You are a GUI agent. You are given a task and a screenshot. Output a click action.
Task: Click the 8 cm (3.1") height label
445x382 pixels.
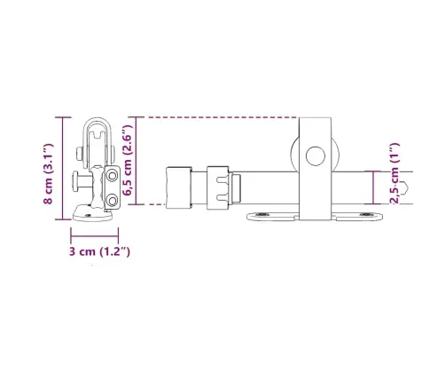coord(48,174)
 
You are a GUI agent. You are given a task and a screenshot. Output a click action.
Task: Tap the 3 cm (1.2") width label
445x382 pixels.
coord(99,251)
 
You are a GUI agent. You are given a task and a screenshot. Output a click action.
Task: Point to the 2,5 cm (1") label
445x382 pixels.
coord(394,173)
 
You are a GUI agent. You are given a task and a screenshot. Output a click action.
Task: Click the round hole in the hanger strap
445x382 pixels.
coord(316,155)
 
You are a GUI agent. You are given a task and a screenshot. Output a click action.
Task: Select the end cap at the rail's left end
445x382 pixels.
coord(179,187)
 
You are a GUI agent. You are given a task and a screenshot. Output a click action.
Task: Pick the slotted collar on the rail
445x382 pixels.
coord(218,187)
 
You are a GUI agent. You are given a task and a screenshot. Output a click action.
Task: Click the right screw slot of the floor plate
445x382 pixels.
coord(366,214)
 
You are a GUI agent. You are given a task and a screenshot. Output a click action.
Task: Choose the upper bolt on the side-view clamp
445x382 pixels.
coord(113,176)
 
